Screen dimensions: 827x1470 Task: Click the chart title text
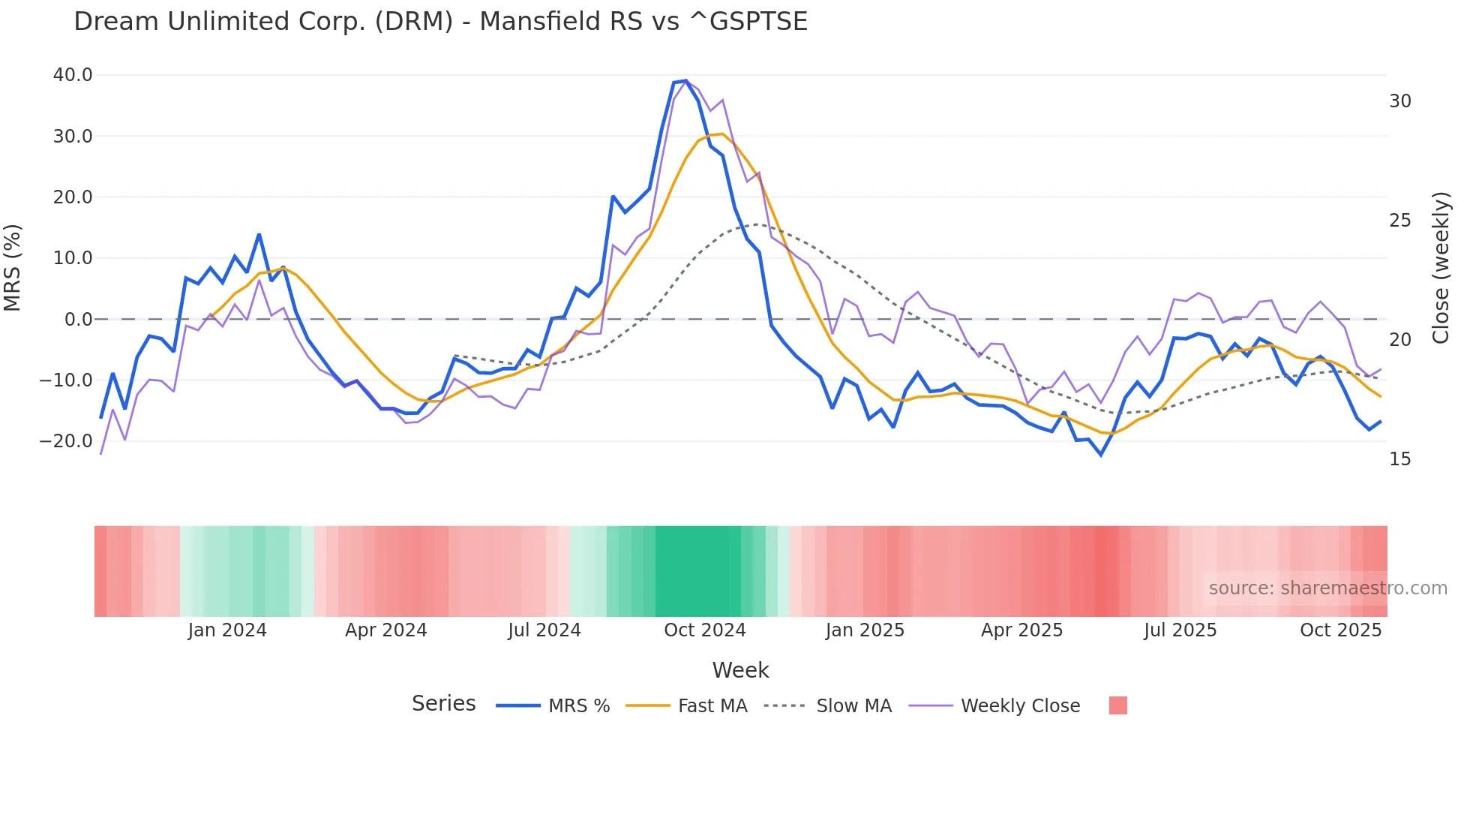point(440,22)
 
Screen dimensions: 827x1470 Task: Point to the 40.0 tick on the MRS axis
point(73,75)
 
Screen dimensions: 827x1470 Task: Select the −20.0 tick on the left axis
point(66,441)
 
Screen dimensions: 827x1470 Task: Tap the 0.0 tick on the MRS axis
point(78,320)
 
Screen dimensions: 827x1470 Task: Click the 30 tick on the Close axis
point(1399,101)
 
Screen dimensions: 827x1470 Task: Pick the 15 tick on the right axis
point(1399,459)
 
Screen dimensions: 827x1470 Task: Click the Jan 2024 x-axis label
point(227,630)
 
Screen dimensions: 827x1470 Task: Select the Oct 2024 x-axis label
point(704,630)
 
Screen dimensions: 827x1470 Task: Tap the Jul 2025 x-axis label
point(1180,630)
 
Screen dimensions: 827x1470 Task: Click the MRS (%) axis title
point(13,268)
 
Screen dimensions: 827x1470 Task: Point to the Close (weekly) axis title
point(1441,268)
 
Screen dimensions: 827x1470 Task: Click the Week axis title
point(740,670)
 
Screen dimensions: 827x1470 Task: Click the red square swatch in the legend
point(1117,705)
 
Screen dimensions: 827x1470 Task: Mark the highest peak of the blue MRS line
point(685,80)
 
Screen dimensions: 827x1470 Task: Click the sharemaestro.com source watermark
point(1327,588)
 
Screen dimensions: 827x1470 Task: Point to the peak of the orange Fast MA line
point(721,134)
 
